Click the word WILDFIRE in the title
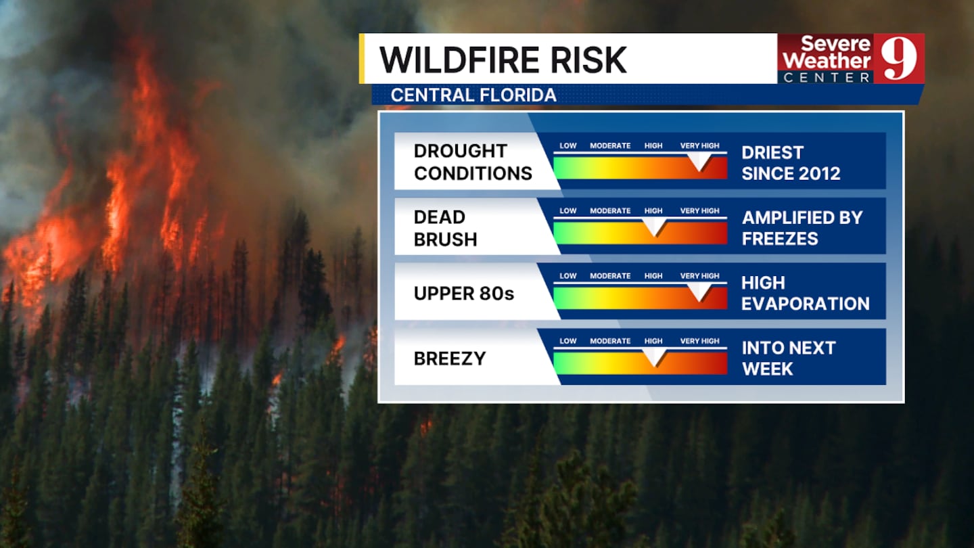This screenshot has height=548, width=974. (x=461, y=60)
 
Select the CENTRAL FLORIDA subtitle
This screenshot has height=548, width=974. (x=473, y=95)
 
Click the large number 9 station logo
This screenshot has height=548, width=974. (x=899, y=59)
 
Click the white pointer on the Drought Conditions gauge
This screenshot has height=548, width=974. (x=699, y=162)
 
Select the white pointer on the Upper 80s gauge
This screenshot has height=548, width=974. (x=699, y=292)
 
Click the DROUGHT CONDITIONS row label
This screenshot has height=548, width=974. (x=473, y=162)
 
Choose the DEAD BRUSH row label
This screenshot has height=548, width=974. (x=445, y=228)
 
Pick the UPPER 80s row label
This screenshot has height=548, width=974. (x=464, y=294)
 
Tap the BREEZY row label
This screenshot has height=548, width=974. (x=450, y=359)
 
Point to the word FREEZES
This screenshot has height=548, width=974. (x=780, y=239)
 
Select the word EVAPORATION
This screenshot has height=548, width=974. (x=806, y=304)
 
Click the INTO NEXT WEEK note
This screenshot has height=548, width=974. (x=789, y=359)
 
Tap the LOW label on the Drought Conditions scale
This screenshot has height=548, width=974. (x=568, y=145)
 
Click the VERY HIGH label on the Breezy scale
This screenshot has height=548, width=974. (x=699, y=341)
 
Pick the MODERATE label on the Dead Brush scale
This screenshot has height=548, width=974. (x=610, y=211)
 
